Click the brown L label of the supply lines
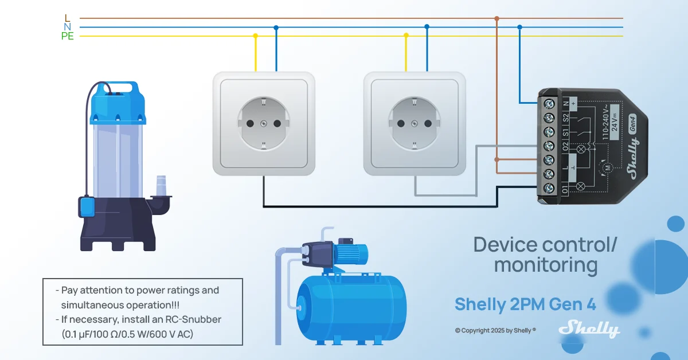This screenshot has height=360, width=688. pyautogui.click(x=67, y=18)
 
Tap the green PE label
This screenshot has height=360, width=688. pyautogui.click(x=67, y=36)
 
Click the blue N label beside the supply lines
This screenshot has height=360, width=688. pyautogui.click(x=67, y=27)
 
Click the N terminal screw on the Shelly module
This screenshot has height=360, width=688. pyautogui.click(x=549, y=104)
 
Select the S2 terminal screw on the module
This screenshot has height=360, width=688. pyautogui.click(x=549, y=118)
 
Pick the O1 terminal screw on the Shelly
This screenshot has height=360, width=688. pyautogui.click(x=549, y=188)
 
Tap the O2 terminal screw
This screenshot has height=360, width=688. pyautogui.click(x=549, y=146)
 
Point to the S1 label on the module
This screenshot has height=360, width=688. pyautogui.click(x=565, y=132)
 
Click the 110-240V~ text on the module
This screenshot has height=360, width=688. pyautogui.click(x=605, y=123)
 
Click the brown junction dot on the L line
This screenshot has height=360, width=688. pyautogui.click(x=497, y=18)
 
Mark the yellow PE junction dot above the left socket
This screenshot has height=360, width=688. pyautogui.click(x=255, y=36)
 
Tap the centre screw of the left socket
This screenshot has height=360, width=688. pyautogui.click(x=264, y=123)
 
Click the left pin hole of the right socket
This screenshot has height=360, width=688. pyautogui.click(x=401, y=123)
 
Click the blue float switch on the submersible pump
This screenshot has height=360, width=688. pyautogui.click(x=87, y=207)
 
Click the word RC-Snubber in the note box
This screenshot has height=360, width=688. pyautogui.click(x=193, y=319)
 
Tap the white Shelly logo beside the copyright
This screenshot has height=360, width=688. pyautogui.click(x=589, y=329)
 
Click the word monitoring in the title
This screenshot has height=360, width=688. pyautogui.click(x=546, y=265)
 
